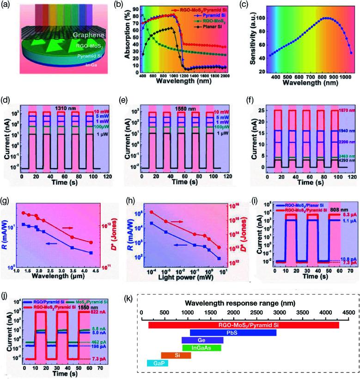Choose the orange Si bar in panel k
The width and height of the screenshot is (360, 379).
(x=176, y=355)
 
